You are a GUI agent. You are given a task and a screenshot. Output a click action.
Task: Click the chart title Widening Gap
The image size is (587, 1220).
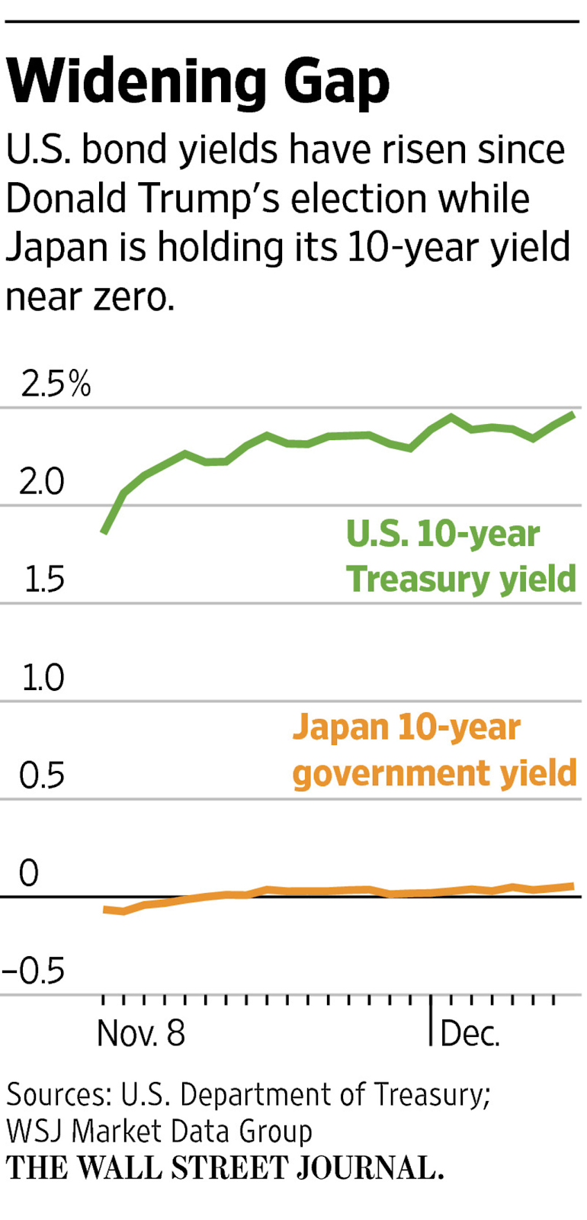click(197, 82)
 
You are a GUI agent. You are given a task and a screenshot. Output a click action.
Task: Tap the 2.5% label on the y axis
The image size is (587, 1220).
click(56, 384)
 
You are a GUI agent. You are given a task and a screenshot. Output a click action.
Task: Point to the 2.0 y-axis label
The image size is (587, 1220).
click(42, 482)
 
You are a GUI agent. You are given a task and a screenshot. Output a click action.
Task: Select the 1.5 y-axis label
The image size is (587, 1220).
click(43, 580)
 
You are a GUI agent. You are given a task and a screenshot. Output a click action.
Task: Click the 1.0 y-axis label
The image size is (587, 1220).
click(43, 678)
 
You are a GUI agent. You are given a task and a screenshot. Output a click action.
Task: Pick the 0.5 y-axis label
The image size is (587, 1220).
click(42, 776)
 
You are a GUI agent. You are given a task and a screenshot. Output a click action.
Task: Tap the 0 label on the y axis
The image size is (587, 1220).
click(28, 874)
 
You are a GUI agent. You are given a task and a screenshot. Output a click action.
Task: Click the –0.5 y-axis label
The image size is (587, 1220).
click(34, 971)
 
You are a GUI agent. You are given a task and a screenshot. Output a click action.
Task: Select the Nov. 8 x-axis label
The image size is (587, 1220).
click(141, 1034)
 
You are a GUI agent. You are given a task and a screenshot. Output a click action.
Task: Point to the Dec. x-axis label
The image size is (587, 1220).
click(470, 1034)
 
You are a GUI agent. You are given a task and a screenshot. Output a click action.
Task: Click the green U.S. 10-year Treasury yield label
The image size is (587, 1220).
click(460, 557)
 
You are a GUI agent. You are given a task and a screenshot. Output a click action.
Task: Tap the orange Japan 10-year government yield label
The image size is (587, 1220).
click(435, 750)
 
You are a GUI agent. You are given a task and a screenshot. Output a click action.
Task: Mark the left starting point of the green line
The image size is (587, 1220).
click(104, 531)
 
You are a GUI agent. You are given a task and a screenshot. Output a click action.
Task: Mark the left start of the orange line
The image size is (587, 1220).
click(104, 909)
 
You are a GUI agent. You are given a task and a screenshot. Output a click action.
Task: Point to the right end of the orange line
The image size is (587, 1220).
click(573, 885)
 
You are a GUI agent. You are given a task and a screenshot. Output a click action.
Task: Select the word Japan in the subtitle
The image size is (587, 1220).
click(57, 247)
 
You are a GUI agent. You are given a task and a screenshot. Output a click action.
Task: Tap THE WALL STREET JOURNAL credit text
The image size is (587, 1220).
click(225, 1168)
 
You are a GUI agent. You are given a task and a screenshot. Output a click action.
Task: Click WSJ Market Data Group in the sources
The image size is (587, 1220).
click(159, 1132)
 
